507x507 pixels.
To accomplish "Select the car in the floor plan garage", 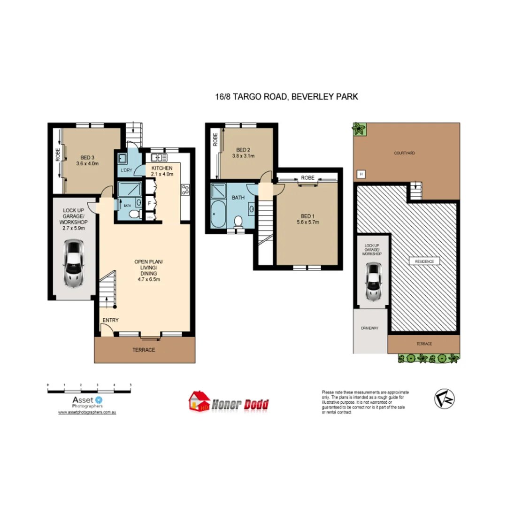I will (x=73, y=263).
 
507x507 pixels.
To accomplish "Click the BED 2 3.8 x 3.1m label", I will (x=243, y=153).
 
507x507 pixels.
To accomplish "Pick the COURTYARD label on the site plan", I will (x=405, y=153).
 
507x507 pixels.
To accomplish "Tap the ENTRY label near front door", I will (x=110, y=321).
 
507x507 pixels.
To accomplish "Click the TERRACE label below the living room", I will (x=144, y=350).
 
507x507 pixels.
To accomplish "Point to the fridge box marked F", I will (x=149, y=204).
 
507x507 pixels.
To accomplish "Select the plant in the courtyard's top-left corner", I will (x=359, y=129).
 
